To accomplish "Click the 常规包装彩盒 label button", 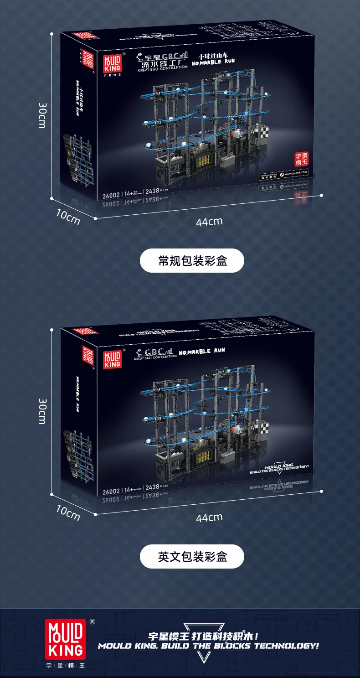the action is coord(192,260).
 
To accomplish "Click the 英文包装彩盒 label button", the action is coord(192,556).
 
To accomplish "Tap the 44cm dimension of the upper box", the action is coord(209,222).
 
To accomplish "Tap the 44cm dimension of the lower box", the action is coord(209,517).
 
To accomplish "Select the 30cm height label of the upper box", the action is coord(42,115).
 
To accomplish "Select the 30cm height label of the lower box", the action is coord(42,411).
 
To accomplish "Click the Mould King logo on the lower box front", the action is coord(112,359).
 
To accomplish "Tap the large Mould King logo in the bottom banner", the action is coord(64,637).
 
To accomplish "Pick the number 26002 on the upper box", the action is coord(111,194).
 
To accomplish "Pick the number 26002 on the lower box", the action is coord(111,491).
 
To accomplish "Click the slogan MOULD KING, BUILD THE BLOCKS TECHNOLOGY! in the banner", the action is coord(208,646).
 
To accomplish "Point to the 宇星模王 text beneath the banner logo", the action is coord(64,665).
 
